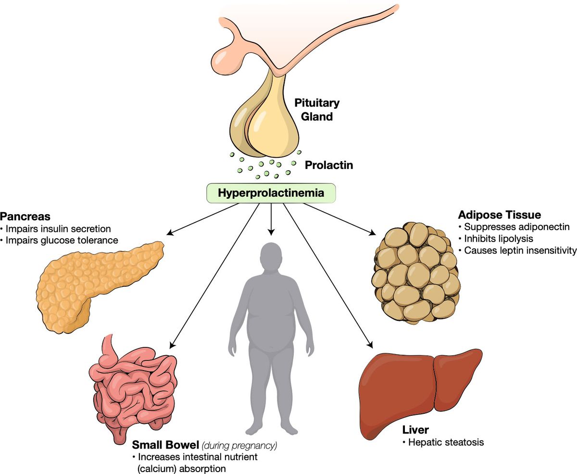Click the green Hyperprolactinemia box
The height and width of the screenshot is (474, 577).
[271, 193]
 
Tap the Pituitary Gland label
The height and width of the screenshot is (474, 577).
[317, 110]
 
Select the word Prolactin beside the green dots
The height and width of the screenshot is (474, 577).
[329, 165]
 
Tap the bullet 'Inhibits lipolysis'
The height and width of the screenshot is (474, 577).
[498, 238]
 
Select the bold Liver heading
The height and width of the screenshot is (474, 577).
[415, 429]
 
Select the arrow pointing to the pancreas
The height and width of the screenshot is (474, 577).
[202, 219]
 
